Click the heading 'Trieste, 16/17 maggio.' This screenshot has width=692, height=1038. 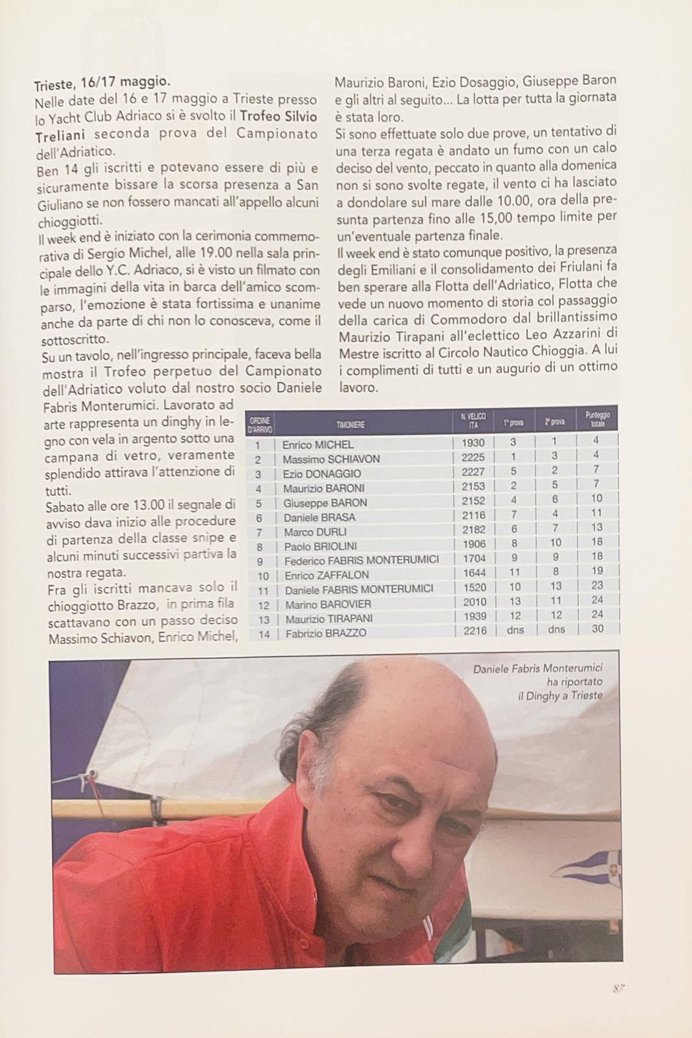pos(103,84)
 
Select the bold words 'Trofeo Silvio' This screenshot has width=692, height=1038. pos(278,117)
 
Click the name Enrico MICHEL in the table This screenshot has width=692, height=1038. pos(317,445)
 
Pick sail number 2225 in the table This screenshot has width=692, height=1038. pos(473,457)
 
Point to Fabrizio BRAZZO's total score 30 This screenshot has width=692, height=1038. pos(597,629)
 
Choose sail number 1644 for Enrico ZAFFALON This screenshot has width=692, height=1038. pos(474,573)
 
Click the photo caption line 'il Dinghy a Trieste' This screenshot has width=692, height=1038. pos(560,695)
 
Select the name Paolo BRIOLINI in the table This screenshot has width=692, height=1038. pos(320,546)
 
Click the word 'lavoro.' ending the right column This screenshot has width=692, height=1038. pos(358,387)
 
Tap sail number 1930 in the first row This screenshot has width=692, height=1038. pos(473,442)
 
